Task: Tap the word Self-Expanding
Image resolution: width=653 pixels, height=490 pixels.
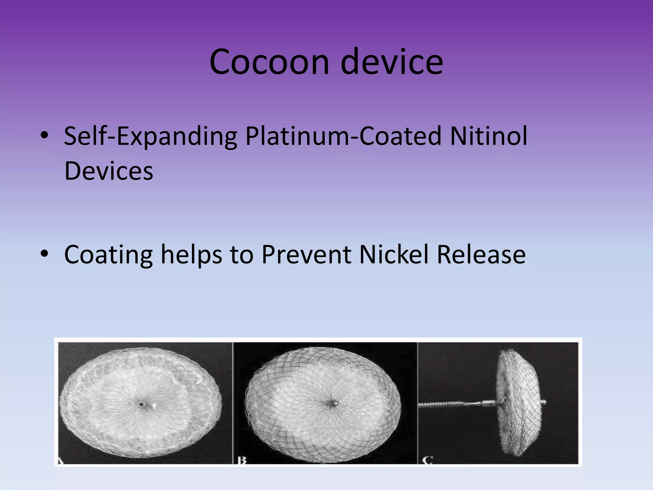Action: pyautogui.click(x=150, y=137)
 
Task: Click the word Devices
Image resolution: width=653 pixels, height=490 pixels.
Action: pyautogui.click(x=109, y=171)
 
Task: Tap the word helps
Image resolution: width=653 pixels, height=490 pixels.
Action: pyautogui.click(x=191, y=255)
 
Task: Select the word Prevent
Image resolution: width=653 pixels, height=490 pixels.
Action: pyautogui.click(x=306, y=254)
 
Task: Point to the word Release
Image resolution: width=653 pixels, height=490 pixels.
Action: pyautogui.click(x=481, y=254)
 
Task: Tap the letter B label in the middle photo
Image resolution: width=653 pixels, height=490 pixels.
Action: pyautogui.click(x=242, y=460)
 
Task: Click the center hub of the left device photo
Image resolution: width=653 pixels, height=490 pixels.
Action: pyautogui.click(x=141, y=404)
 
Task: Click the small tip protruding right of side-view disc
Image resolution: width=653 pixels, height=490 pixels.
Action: pyautogui.click(x=544, y=402)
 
